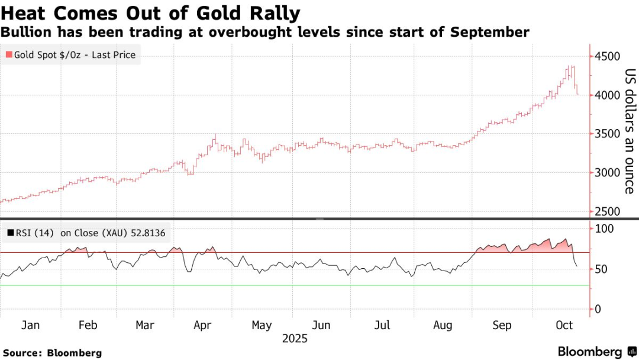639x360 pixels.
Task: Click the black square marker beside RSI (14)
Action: pos(10,233)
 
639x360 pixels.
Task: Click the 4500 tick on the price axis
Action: pos(608,57)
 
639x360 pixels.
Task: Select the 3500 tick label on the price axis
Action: pos(608,134)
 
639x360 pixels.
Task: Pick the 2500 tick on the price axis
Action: pos(608,212)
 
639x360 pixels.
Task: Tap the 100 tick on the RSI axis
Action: pos(604,229)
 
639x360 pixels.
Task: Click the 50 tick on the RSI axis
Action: pos(601,269)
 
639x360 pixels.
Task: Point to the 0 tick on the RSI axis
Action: pos(598,309)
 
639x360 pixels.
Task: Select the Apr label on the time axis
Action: pos(203,325)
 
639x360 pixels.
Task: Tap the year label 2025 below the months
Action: pos(295,339)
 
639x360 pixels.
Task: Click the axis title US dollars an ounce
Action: pos(630,131)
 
